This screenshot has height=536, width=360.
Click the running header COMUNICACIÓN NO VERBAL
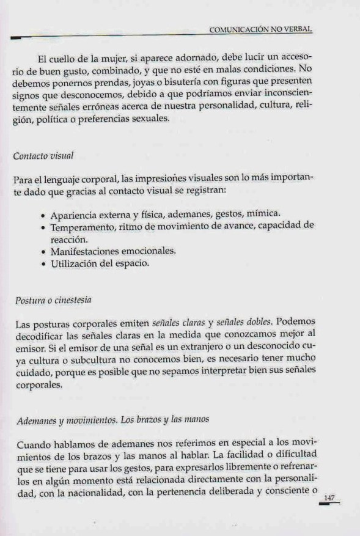[265, 29]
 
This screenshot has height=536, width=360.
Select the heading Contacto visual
[43, 156]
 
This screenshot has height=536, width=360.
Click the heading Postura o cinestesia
[52, 300]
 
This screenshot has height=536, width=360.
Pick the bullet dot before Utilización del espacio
[42, 265]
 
